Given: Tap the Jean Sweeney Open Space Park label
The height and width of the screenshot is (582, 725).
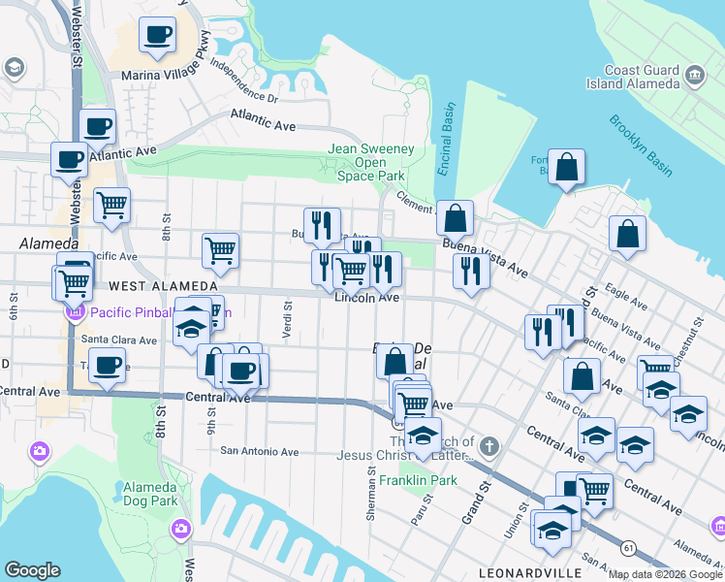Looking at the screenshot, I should [371, 162].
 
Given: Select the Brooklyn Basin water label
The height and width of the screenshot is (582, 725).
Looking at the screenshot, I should [640, 145].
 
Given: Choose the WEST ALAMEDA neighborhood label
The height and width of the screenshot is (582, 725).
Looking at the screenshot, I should [164, 286].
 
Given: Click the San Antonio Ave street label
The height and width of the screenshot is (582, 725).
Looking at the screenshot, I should [260, 451].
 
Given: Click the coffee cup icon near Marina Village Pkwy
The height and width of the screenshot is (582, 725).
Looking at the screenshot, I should [157, 36].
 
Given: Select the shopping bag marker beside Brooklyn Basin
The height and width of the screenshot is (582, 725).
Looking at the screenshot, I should [567, 167].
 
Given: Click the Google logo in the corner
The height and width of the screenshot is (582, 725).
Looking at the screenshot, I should [32, 570].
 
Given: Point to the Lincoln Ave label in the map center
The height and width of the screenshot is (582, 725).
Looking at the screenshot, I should [366, 298].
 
